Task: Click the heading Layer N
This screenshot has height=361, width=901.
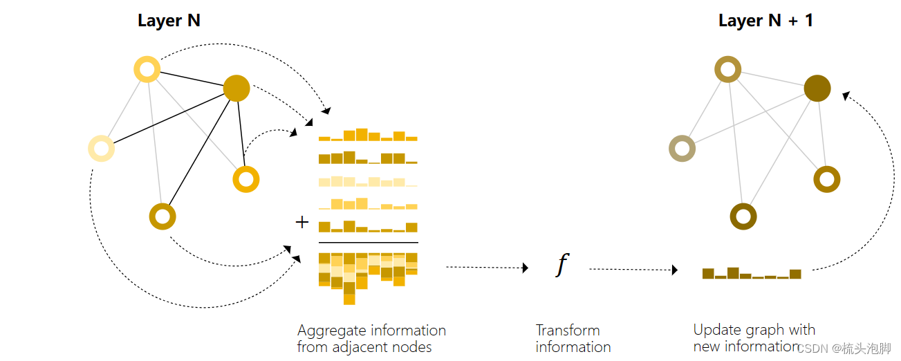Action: [x=169, y=21]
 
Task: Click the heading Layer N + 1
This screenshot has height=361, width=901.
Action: [x=765, y=21]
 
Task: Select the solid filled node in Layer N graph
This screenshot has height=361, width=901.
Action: [x=236, y=88]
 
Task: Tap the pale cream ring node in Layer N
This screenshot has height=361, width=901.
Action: [x=102, y=149]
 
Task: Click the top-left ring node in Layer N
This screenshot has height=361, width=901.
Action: [x=147, y=69]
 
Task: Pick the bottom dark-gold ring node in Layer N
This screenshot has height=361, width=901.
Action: [x=162, y=216]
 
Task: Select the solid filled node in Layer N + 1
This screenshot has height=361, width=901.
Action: [x=817, y=89]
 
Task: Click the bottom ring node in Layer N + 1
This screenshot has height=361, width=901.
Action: [x=743, y=216]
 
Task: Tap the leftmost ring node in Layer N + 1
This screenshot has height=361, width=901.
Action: [x=682, y=148]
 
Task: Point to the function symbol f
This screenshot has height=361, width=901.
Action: [x=562, y=265]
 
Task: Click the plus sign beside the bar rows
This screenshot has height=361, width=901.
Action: [x=301, y=222]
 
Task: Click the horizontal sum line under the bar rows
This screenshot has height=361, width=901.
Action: [x=368, y=243]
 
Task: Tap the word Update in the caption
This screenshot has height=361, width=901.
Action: [x=713, y=330]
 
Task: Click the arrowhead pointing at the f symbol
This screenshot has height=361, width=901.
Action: [x=525, y=267]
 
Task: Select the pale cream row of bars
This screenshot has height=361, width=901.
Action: [x=368, y=182]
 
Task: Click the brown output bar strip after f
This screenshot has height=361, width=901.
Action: [x=752, y=273]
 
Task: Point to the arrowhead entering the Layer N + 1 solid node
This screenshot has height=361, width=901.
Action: [x=846, y=95]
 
